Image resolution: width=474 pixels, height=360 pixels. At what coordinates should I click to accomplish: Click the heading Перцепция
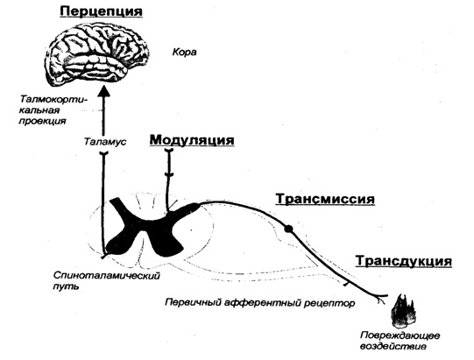[102, 11]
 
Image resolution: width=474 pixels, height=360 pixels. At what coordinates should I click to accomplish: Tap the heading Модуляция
[192, 140]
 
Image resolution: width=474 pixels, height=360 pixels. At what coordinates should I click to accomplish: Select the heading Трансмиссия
[325, 199]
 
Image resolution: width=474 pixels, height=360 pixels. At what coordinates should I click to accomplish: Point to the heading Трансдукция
[404, 261]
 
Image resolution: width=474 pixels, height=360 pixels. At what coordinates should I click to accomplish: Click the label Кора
[184, 53]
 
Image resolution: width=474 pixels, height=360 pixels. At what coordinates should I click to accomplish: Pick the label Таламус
[104, 142]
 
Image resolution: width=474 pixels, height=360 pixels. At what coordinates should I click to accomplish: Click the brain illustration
[97, 55]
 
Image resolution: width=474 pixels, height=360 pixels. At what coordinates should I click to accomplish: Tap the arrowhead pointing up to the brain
[104, 89]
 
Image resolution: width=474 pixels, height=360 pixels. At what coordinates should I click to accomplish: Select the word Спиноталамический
[107, 276]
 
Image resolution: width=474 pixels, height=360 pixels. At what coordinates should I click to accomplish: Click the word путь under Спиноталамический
[66, 286]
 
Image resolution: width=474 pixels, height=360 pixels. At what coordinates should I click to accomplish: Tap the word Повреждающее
[400, 335]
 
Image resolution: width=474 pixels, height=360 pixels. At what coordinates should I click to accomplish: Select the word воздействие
[393, 346]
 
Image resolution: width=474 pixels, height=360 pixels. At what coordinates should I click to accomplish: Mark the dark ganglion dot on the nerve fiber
[288, 229]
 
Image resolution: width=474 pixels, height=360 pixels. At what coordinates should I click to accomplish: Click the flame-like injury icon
[402, 311]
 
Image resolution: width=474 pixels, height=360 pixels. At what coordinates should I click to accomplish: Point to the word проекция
[42, 122]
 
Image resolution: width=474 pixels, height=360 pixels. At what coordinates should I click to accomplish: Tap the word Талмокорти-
[53, 100]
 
